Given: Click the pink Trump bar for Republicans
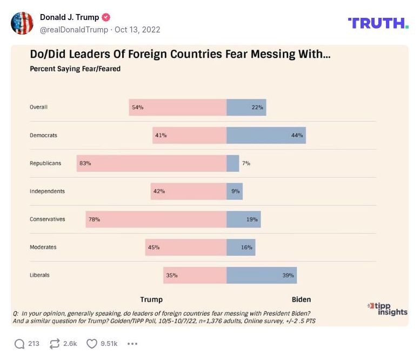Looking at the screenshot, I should (151, 163).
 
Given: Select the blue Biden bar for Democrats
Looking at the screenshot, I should (266, 135).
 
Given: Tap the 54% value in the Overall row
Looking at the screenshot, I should (137, 108).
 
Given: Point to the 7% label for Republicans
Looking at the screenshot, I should (246, 163).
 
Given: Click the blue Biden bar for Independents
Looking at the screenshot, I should (234, 191).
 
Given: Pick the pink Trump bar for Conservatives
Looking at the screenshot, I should (156, 219).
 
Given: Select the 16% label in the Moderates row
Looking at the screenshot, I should (246, 248).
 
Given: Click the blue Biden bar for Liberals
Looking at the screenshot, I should (261, 275).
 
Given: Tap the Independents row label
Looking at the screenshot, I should (47, 191).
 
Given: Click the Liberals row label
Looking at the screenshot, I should (39, 275).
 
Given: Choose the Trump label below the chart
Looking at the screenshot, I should (151, 299).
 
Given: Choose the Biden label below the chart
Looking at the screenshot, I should (301, 299).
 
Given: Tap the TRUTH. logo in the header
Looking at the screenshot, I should (378, 23).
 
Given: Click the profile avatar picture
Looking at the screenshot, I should (22, 23).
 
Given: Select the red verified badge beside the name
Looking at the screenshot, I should (106, 17).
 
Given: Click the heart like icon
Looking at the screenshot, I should (92, 344).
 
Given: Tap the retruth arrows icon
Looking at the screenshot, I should (54, 344).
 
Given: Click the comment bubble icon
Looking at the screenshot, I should (19, 344).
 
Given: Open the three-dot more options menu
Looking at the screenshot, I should (132, 344).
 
